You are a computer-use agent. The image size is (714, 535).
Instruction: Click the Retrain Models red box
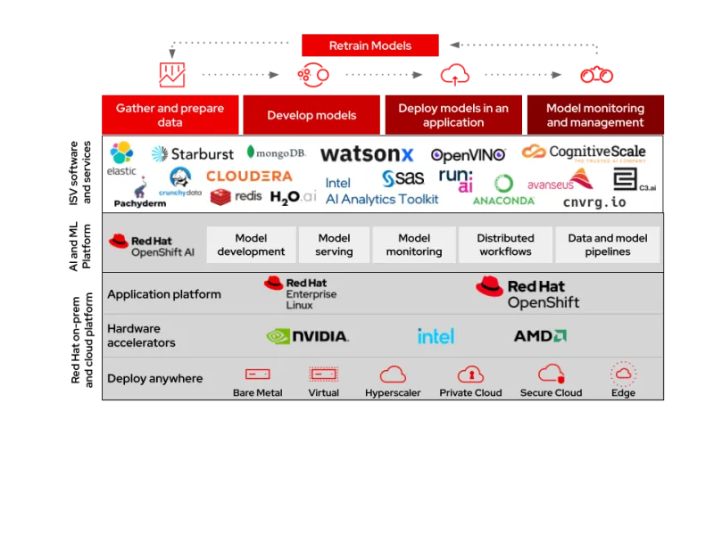[x=370, y=45]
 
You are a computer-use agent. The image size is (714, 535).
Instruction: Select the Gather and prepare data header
[x=170, y=115]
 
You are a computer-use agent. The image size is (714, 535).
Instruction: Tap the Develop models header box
[x=311, y=115]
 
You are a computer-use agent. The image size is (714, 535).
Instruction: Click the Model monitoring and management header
[x=594, y=115]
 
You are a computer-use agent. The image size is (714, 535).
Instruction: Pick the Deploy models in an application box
[x=453, y=115]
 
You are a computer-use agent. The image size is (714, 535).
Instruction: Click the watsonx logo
[x=367, y=154]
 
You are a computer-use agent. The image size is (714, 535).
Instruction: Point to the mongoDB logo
[x=277, y=152]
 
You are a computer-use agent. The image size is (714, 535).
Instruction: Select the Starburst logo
[x=193, y=154]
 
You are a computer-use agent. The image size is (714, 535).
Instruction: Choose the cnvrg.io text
[x=594, y=202]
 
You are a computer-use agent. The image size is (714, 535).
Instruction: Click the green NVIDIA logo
[x=307, y=336]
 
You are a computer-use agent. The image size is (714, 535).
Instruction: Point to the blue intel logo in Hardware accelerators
[x=436, y=336]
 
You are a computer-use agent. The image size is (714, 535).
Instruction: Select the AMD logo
[x=540, y=336]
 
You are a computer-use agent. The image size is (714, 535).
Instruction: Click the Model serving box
[x=334, y=244]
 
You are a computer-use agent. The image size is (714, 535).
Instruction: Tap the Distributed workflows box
[x=505, y=244]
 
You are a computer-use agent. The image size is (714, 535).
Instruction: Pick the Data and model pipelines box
[x=608, y=244]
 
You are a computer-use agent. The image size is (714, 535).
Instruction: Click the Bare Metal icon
[x=257, y=374]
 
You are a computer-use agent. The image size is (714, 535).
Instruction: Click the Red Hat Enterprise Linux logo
[x=300, y=292]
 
